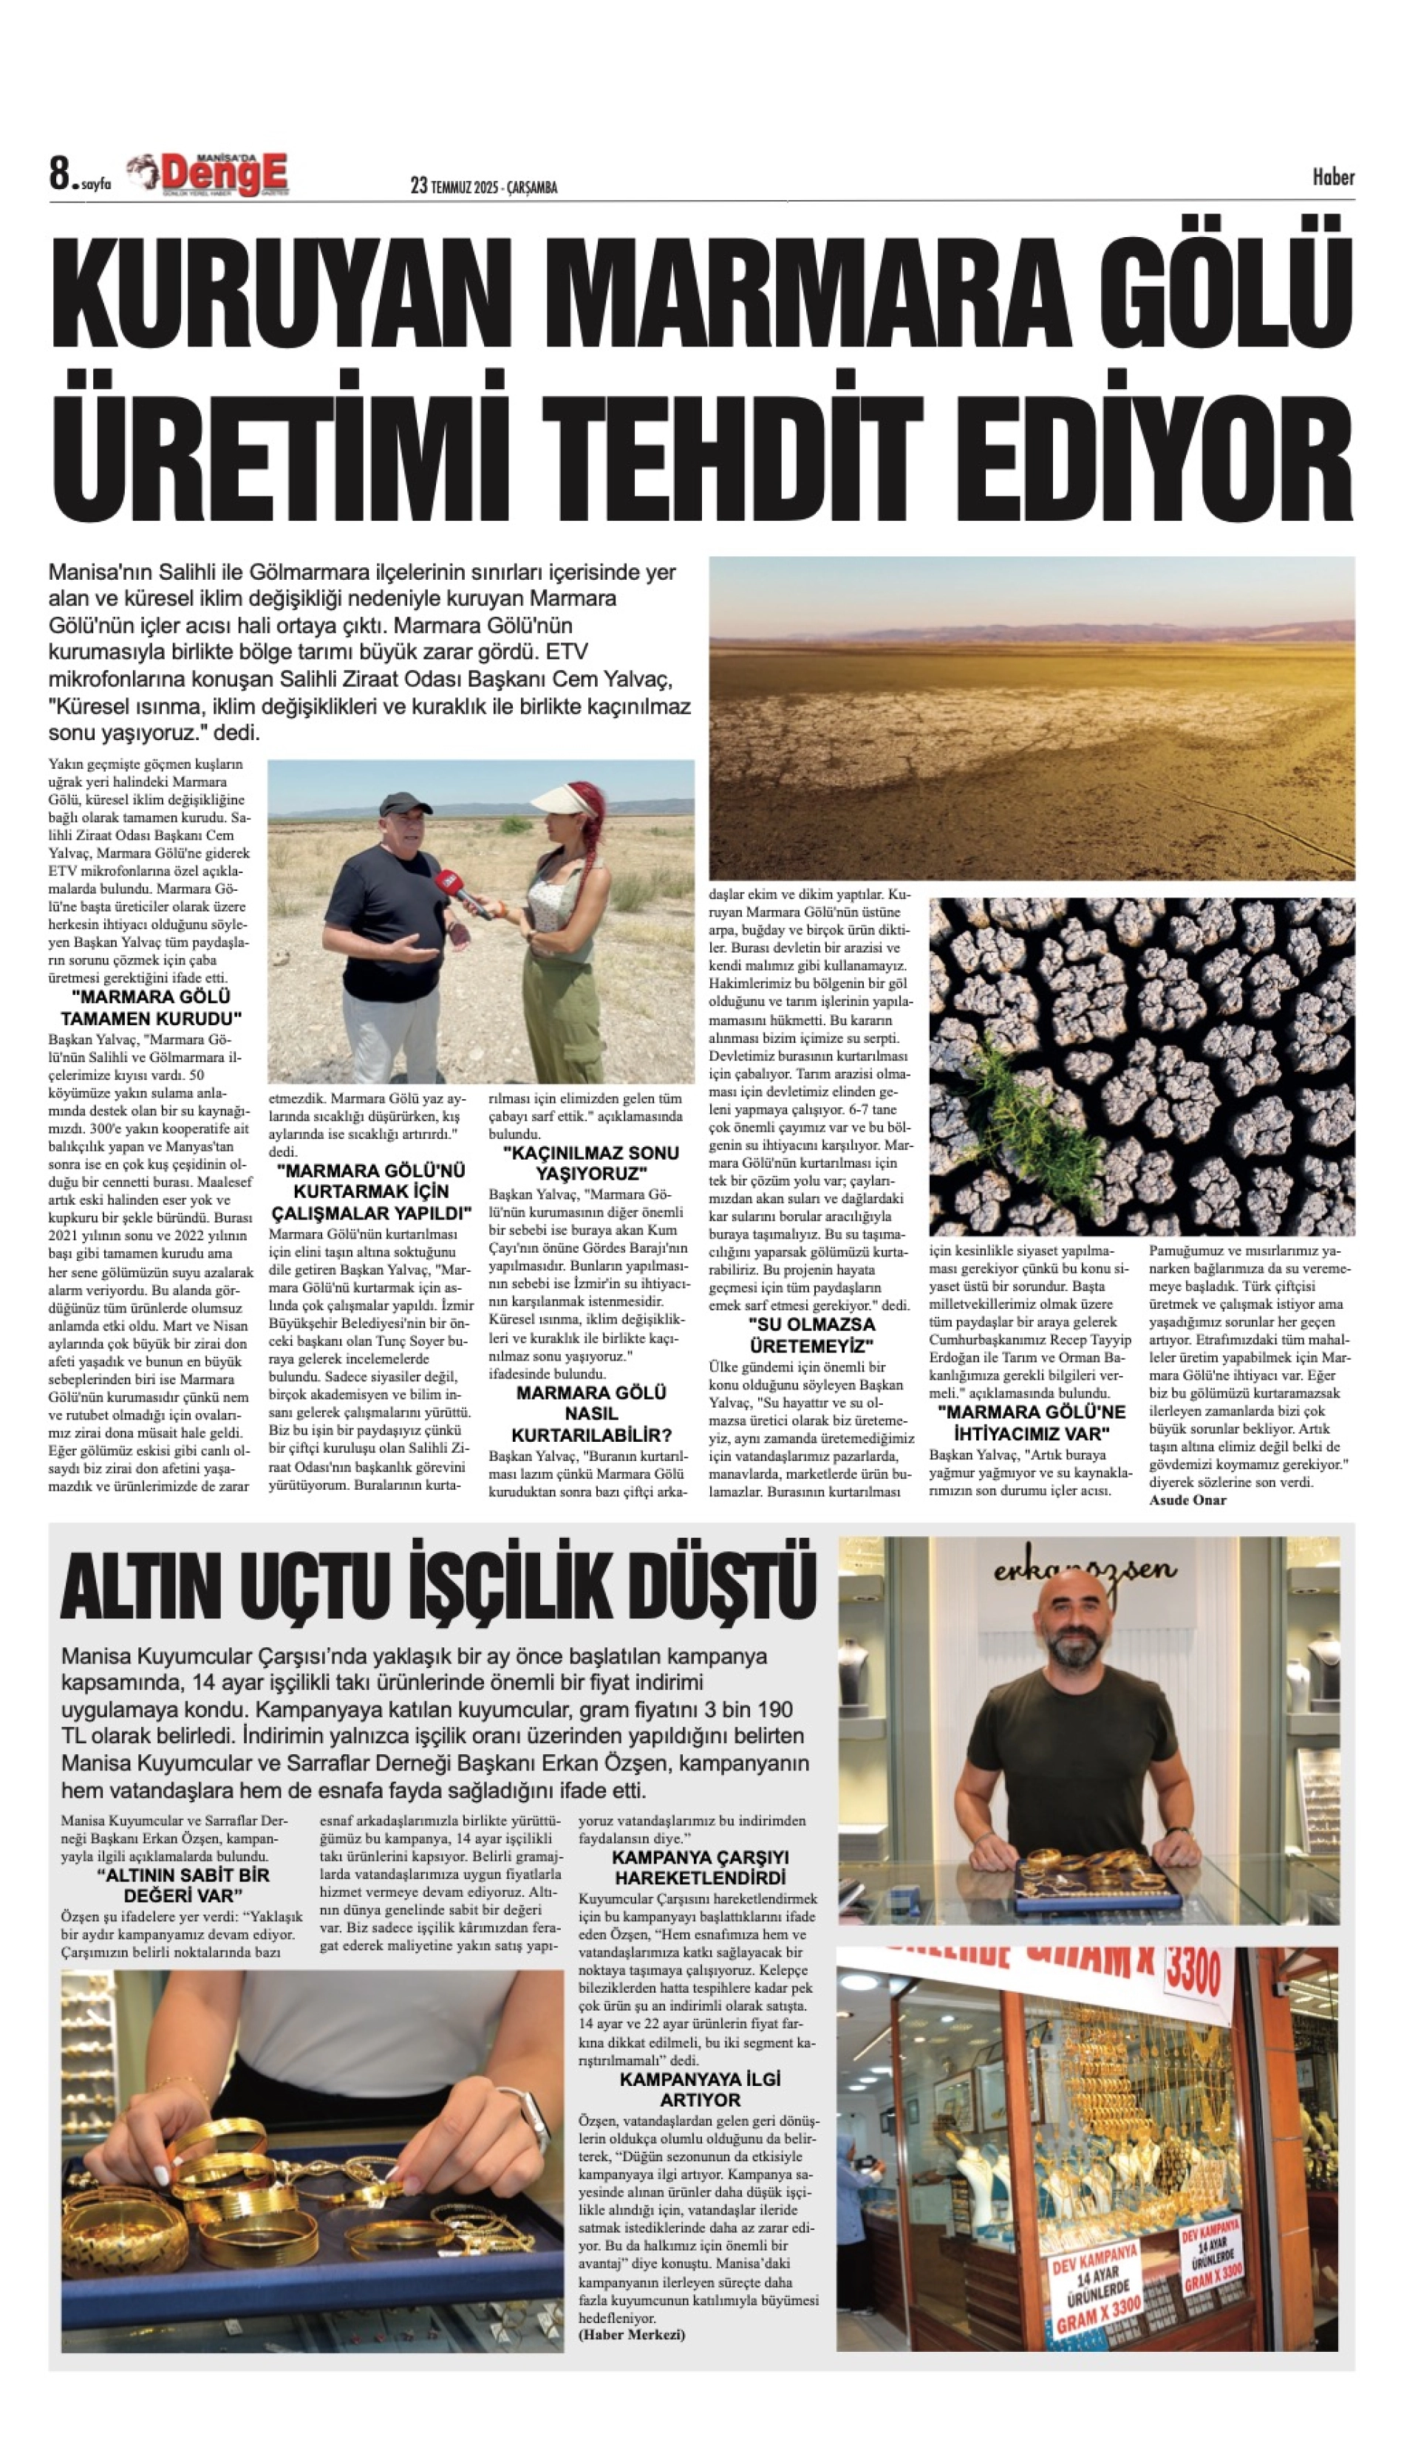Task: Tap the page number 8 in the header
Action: (61, 176)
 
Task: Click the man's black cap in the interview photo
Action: (404, 804)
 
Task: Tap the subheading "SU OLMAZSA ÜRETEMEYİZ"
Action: (812, 1334)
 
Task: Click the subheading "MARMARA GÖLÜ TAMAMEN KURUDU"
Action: (151, 1008)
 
